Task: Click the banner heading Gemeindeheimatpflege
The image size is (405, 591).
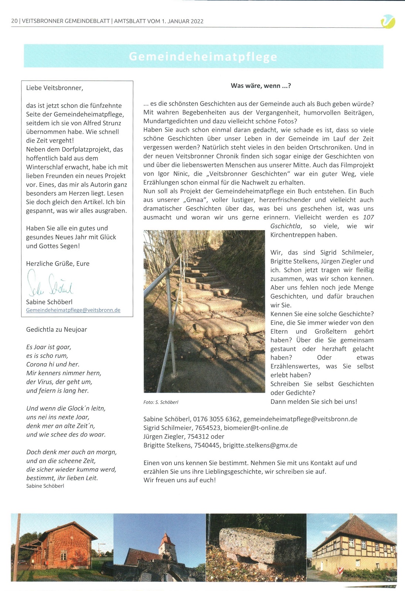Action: click(203, 57)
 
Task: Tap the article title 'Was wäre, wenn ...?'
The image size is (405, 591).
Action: click(261, 86)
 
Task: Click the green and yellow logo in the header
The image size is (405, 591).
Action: click(388, 21)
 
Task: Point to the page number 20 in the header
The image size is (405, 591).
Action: click(14, 21)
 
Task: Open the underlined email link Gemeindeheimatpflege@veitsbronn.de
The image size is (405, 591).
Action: click(73, 310)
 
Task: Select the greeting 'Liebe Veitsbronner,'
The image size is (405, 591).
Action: click(55, 88)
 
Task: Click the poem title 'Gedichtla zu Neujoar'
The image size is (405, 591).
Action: click(57, 329)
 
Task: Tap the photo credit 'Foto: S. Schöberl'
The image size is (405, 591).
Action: click(161, 402)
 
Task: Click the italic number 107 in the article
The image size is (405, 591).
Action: click(368, 218)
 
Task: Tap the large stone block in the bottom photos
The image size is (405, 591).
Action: click(255, 543)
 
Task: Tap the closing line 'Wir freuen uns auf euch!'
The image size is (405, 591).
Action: click(180, 480)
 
